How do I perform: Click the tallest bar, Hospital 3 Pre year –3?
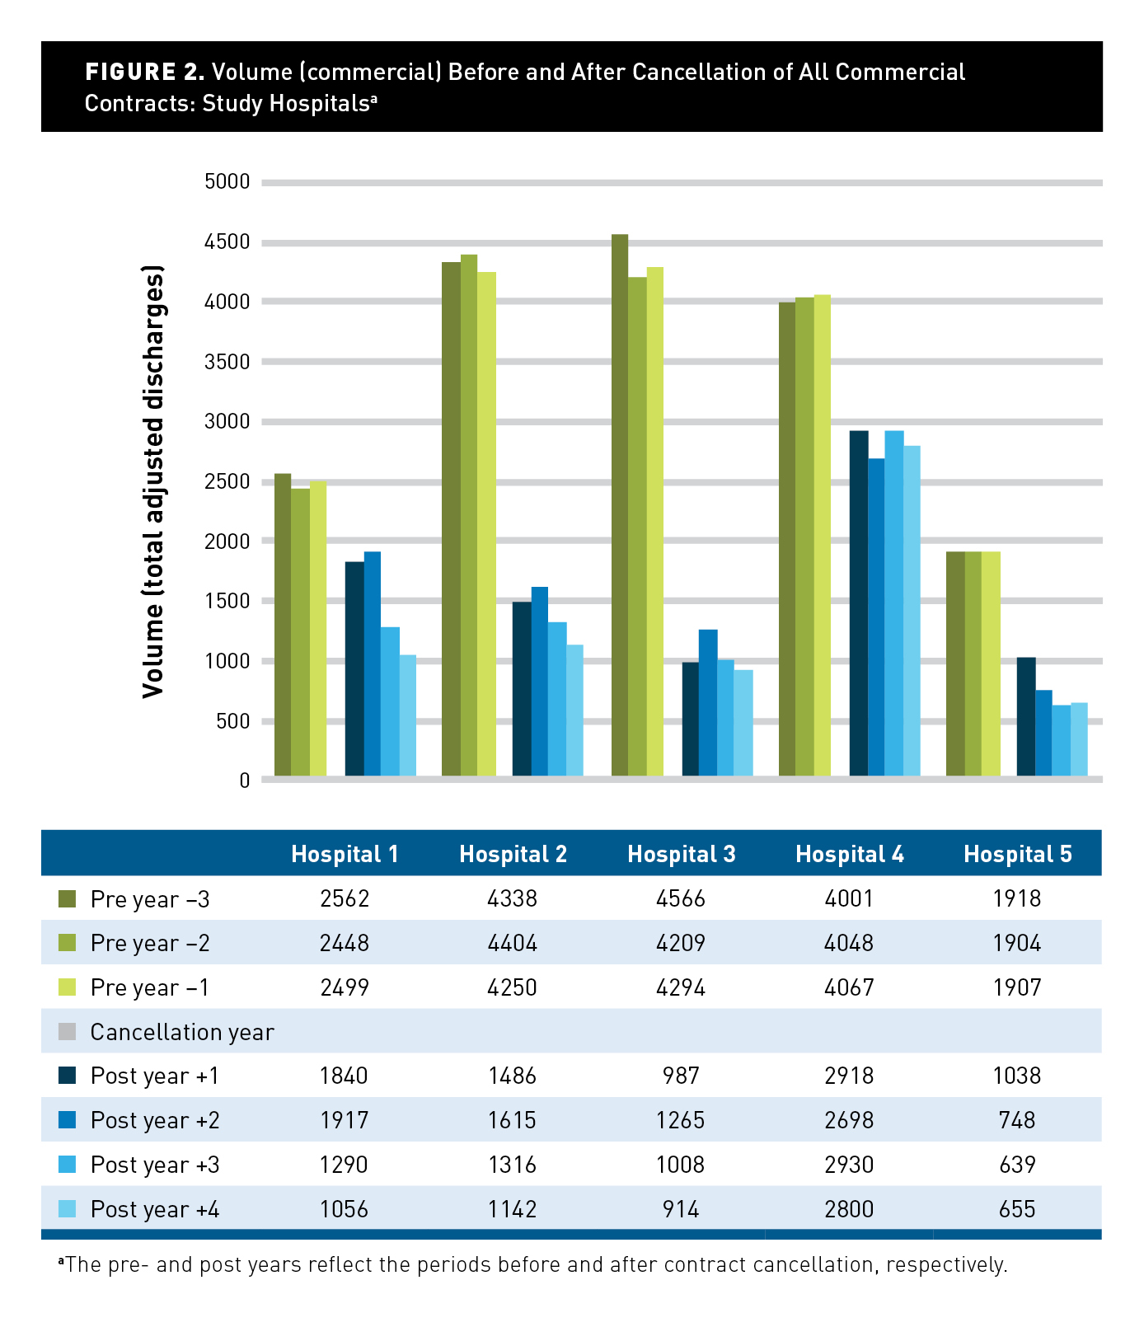(x=620, y=504)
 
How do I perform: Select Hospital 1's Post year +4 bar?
(x=408, y=715)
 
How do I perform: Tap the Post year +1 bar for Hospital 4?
(x=859, y=603)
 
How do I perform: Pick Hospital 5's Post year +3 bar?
(x=1061, y=740)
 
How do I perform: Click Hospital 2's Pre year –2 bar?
(x=469, y=515)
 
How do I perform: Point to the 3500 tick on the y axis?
(x=227, y=362)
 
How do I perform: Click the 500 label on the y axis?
(x=232, y=721)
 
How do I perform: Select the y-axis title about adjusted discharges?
(x=153, y=481)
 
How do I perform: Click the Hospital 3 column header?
(x=681, y=854)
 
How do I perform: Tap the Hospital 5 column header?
(x=1017, y=854)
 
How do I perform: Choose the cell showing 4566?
(x=681, y=898)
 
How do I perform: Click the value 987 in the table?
(x=681, y=1076)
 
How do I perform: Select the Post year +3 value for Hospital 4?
(x=849, y=1165)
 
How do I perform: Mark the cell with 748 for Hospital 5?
(x=1017, y=1120)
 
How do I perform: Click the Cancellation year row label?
(x=182, y=1032)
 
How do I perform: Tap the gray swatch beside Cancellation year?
(x=68, y=1031)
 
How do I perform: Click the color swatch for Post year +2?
(x=68, y=1120)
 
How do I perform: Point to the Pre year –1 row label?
(x=150, y=987)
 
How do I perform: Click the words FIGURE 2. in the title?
(x=144, y=72)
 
